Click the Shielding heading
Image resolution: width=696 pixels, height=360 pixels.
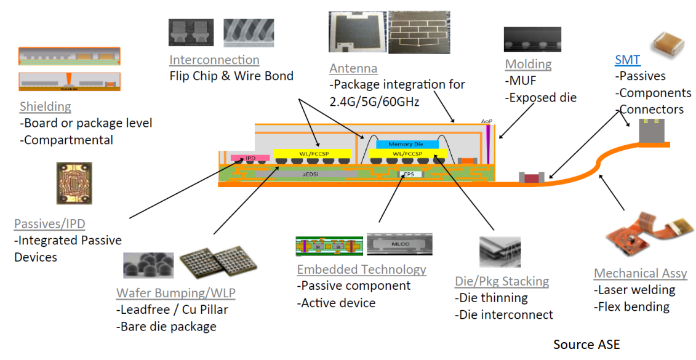tap(45, 106)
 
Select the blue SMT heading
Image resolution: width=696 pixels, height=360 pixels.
tap(627, 60)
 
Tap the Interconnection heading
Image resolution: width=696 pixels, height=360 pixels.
tap(214, 60)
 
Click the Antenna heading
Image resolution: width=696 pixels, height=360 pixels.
tap(353, 68)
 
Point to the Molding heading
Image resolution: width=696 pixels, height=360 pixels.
tap(528, 64)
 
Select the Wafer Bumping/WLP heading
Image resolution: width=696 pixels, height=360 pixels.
tap(175, 292)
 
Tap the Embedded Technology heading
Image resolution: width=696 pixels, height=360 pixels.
tap(361, 270)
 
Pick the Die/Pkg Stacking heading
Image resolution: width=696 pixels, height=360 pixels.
tap(502, 281)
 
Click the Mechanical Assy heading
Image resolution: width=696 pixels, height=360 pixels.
tap(640, 273)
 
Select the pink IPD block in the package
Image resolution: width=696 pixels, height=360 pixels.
tap(250, 158)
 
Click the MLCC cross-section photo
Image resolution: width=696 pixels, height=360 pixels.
tap(399, 244)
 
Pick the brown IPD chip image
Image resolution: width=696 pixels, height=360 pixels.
tap(74, 183)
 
